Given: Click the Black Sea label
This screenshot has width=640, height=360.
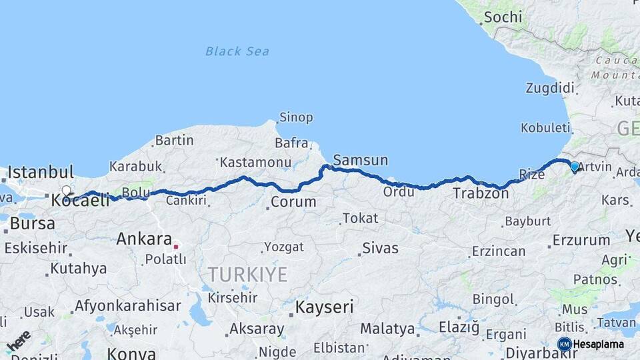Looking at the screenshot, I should click(237, 51).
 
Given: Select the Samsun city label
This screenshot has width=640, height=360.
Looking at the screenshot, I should click(360, 160).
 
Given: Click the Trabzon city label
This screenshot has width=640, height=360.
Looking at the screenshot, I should click(481, 194).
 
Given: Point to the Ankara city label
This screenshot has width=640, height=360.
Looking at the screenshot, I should click(144, 239).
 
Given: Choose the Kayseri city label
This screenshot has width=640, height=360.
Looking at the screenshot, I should click(325, 307).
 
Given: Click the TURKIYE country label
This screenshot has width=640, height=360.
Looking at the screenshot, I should click(247, 274).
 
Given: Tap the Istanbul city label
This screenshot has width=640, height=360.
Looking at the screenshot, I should click(41, 172).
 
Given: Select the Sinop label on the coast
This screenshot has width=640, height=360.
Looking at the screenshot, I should click(296, 117).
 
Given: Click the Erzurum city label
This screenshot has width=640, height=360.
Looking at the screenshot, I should click(581, 240).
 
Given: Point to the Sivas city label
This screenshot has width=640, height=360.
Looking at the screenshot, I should click(380, 249).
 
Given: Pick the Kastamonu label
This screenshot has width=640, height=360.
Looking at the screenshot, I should click(255, 162).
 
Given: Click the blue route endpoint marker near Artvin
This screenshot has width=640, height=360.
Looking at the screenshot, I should click(575, 167).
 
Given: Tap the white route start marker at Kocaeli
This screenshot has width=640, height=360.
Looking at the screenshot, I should click(66, 191).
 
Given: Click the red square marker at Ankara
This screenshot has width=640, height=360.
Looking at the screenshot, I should click(176, 246).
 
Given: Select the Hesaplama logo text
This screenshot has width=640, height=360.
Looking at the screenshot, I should click(598, 345).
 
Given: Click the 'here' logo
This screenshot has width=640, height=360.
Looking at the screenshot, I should click(18, 340).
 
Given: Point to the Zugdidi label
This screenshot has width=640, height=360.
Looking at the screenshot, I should click(550, 88).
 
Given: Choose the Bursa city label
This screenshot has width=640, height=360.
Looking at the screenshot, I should click(33, 223).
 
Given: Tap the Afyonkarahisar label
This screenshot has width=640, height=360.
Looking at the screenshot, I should click(127, 306).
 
